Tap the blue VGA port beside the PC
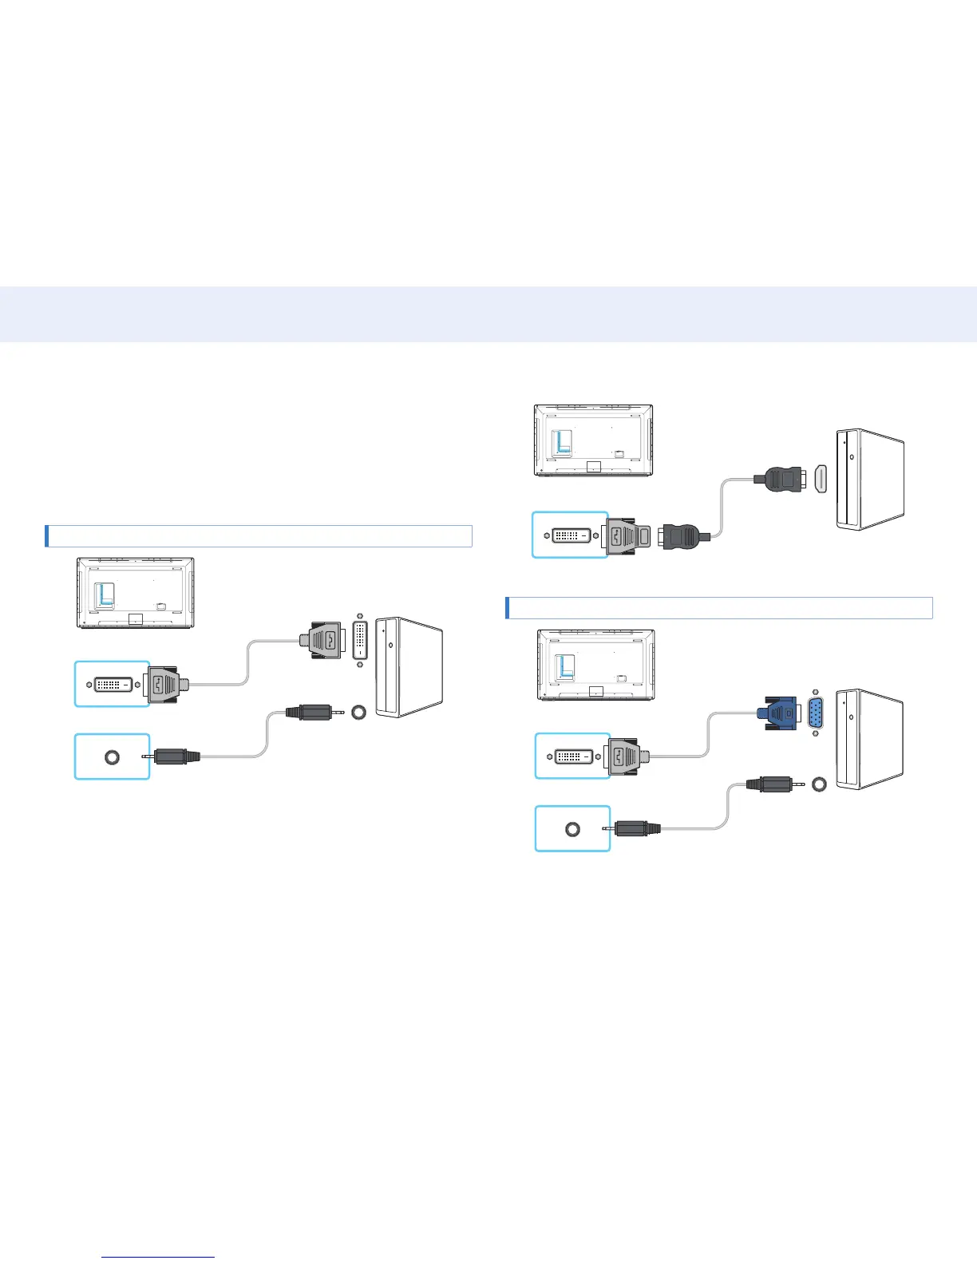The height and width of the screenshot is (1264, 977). (x=815, y=713)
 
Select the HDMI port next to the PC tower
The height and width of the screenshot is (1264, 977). (x=820, y=479)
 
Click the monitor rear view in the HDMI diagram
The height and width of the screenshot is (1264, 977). (x=593, y=440)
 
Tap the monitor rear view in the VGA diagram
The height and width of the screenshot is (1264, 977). (x=596, y=665)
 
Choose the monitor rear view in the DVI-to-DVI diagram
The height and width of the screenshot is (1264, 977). (x=136, y=593)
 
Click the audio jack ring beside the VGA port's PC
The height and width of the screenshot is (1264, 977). (x=818, y=784)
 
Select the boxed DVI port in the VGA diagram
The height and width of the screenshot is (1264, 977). (x=572, y=756)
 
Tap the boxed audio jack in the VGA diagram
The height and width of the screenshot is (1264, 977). (x=572, y=829)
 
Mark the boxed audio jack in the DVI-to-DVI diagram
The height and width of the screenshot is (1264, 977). (x=112, y=756)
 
